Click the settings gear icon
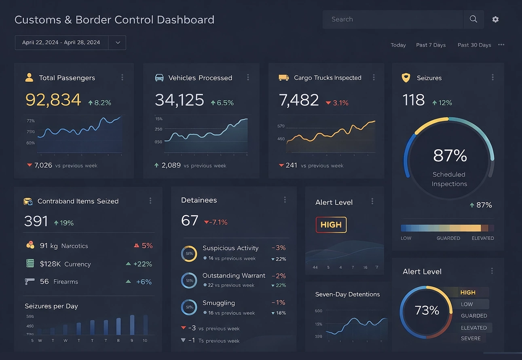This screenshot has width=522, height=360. point(495,19)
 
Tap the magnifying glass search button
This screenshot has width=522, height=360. point(473,19)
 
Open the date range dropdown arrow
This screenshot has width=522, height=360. point(117,42)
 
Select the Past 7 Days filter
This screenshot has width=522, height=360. point(431,45)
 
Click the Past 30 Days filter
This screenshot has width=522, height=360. point(474,45)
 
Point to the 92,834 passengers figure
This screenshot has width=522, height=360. point(53,100)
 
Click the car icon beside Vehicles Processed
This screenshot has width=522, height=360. point(159,78)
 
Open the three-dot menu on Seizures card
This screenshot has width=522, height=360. point(492,77)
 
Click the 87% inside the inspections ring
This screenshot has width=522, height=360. point(450,156)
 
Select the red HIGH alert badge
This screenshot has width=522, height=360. point(331,225)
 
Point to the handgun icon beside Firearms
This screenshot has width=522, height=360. point(29,281)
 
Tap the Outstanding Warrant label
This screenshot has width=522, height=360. point(234,275)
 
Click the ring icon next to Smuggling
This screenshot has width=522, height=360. point(189,307)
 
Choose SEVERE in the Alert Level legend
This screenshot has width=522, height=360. point(471,339)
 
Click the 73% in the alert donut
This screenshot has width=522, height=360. point(427,310)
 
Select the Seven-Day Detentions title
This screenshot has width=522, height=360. point(347,294)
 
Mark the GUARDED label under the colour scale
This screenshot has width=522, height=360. point(448,238)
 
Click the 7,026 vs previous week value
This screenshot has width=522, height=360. point(43,165)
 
